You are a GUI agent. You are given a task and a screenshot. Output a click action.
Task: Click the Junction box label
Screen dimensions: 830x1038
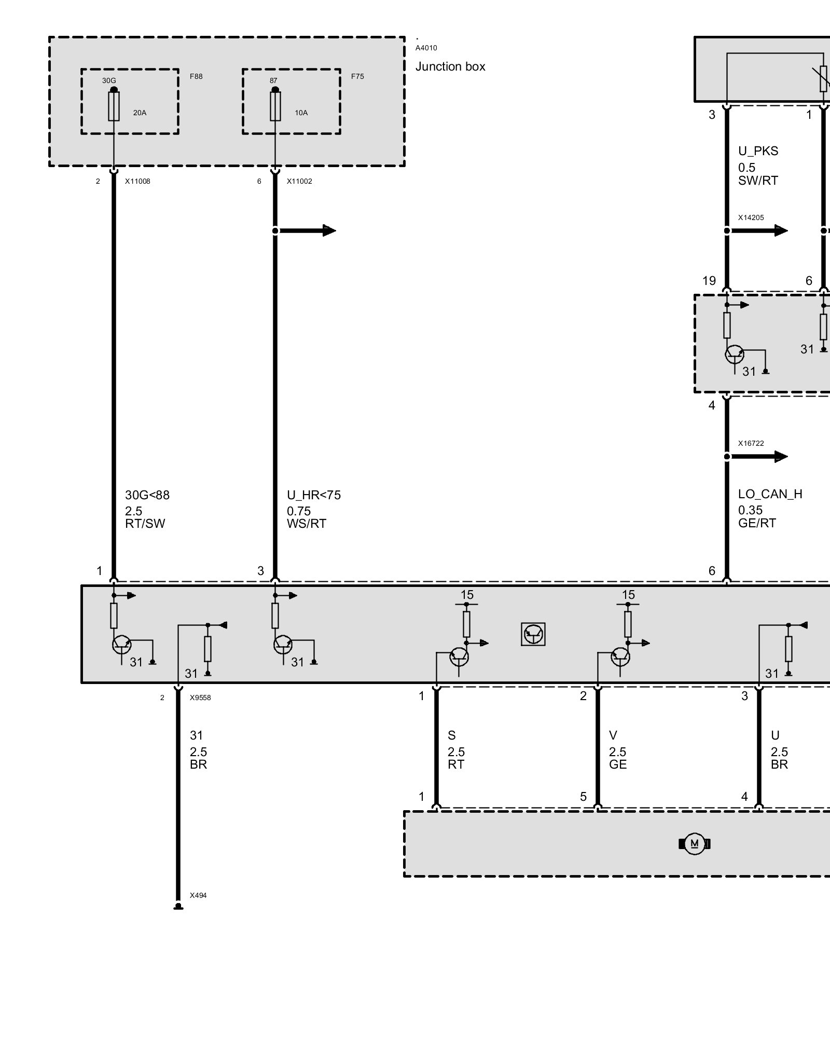tap(450, 67)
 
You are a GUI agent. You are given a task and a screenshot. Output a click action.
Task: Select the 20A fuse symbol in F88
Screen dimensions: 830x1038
tap(114, 106)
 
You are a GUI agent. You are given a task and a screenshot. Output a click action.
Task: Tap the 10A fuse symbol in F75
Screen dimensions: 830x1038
tap(275, 106)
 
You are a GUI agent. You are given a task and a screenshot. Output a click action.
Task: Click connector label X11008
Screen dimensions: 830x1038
tap(137, 182)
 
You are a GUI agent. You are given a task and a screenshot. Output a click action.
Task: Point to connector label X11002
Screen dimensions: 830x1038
tap(299, 182)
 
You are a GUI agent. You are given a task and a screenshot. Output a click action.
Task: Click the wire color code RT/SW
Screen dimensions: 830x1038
tap(145, 524)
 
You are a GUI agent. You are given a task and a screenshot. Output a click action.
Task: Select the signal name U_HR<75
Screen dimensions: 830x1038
tap(314, 496)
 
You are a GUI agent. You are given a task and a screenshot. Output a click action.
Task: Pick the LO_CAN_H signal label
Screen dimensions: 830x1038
tap(770, 494)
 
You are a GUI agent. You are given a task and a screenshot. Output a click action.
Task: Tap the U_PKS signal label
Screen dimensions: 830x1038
tap(758, 151)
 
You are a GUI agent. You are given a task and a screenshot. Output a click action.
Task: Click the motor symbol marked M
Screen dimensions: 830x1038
tap(694, 844)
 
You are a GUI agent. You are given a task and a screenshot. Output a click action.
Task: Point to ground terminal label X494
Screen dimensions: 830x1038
tap(198, 895)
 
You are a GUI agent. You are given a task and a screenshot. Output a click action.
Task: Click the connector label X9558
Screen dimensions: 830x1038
tap(200, 698)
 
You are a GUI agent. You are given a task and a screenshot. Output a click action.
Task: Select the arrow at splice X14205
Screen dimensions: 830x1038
tap(759, 230)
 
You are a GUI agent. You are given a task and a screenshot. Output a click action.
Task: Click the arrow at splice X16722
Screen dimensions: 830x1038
tap(759, 457)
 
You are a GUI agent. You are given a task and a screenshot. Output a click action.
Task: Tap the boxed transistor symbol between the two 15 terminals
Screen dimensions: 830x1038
tap(533, 634)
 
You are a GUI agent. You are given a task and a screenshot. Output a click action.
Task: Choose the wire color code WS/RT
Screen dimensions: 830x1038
tap(307, 524)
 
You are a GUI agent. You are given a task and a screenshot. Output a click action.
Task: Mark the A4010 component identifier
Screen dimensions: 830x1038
tap(426, 48)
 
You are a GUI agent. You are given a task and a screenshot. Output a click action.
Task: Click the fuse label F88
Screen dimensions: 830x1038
tap(196, 76)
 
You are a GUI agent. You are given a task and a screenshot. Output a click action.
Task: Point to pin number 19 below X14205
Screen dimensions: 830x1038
tap(709, 281)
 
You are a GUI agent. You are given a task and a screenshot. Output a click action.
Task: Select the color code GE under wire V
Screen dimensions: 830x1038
tap(618, 764)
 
